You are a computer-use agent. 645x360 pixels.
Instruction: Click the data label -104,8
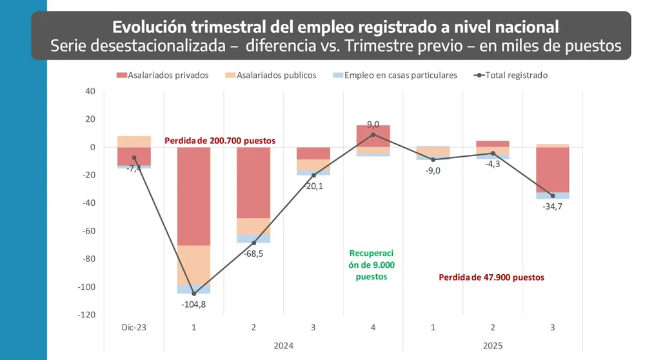coord(194,305)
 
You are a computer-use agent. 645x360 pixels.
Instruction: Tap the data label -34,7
coord(553,206)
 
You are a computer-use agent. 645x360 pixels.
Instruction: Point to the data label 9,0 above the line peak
coord(373,125)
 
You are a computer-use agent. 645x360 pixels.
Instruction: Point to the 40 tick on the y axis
coord(90,91)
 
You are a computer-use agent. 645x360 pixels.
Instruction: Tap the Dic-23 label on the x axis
coord(134,328)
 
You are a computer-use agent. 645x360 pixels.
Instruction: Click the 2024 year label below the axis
coord(283,345)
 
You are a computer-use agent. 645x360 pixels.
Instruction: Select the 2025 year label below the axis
coord(493,345)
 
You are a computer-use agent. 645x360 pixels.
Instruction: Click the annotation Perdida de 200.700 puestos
coord(220,140)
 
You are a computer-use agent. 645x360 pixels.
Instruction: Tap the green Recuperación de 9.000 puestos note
coord(372,265)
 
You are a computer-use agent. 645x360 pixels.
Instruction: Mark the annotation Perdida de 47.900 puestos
coord(491,277)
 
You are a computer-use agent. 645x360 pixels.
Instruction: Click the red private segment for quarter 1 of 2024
coord(194,196)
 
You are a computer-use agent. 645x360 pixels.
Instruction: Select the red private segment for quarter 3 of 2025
coord(553,170)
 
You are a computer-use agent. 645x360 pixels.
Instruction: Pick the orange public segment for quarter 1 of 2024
coord(194,265)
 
